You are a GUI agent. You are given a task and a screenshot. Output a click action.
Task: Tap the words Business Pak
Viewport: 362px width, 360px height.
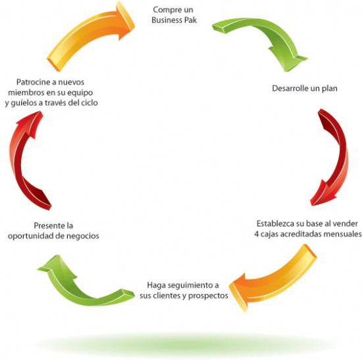(x=174, y=20)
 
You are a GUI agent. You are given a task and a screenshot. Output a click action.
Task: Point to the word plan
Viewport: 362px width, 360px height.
(x=330, y=89)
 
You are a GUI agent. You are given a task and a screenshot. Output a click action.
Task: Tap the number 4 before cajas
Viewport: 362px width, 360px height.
(x=257, y=234)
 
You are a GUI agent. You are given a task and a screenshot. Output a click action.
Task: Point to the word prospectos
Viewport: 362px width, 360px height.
(x=208, y=296)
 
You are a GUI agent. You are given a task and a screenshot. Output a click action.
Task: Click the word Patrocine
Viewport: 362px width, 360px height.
(x=33, y=82)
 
